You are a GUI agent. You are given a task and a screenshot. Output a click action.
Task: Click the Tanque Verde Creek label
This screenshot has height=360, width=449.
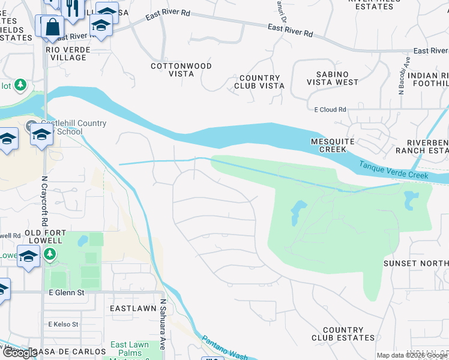pos(394,170)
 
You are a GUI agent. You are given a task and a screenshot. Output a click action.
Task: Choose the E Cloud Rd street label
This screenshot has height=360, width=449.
pos(330,110)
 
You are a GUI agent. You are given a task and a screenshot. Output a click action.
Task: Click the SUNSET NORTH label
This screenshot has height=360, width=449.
pos(416,263)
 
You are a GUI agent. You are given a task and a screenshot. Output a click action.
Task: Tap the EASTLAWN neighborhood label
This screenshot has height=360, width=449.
pos(133,308)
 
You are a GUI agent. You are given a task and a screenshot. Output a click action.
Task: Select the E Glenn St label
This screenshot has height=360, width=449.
pos(63,292)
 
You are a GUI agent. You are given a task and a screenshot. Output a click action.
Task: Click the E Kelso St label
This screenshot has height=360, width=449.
pos(63,324)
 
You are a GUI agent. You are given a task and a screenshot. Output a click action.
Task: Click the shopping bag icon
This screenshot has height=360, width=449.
pos(52,26)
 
